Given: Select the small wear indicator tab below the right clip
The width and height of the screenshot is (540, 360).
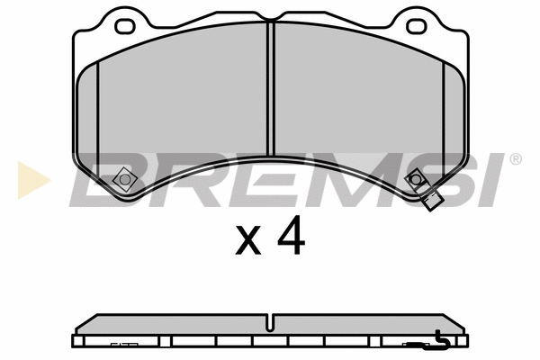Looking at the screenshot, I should pyautogui.click(x=432, y=201).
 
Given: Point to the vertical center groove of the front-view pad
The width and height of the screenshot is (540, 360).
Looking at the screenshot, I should pyautogui.click(x=270, y=90).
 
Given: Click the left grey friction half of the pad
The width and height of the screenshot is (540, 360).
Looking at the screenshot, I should pyautogui.click(x=180, y=108).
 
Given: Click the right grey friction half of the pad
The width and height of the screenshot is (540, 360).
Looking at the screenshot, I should pyautogui.click(x=360, y=108).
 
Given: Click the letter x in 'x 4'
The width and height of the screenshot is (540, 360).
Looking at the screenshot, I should pyautogui.click(x=248, y=239).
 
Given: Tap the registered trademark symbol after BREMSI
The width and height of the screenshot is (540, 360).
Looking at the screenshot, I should pyautogui.click(x=515, y=159).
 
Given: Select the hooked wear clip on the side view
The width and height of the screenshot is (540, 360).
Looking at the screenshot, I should pyautogui.click(x=439, y=339).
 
